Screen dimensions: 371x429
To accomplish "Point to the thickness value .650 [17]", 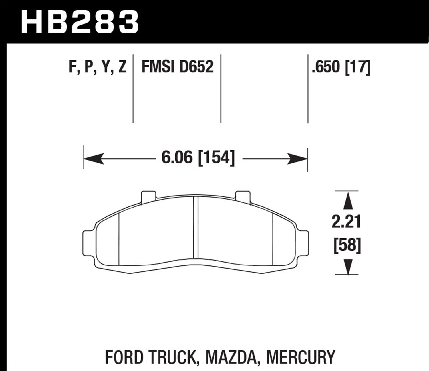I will pos(341,68).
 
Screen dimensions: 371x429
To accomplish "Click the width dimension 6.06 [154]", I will pos(198,158).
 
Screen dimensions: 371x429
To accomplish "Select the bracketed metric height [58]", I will pos(347,246).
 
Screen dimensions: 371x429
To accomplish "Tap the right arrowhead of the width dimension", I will pos(298,158).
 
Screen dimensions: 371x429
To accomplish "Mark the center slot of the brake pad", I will pos(196,228).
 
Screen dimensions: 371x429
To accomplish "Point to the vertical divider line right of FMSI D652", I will pos(221,89).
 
